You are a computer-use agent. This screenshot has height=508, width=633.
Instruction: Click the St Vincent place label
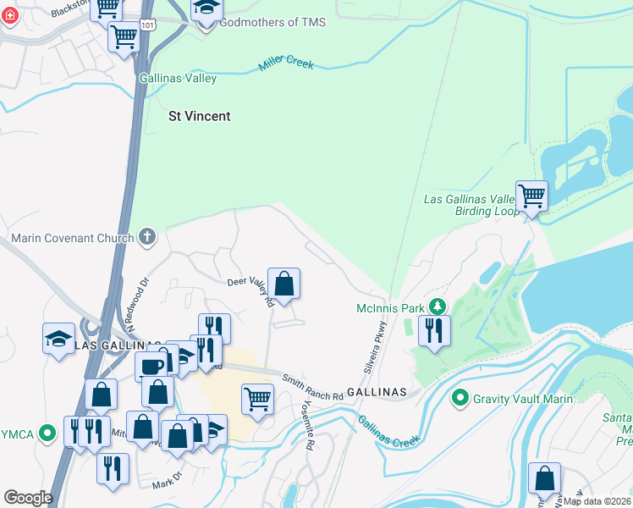coord(199,116)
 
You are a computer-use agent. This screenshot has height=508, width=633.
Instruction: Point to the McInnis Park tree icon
coord(438,306)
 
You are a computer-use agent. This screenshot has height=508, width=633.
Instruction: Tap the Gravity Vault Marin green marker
coord(460,398)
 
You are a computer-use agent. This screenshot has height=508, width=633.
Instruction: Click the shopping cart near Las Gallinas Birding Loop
coord(531,196)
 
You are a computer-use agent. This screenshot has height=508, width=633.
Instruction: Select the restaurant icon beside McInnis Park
coord(434,329)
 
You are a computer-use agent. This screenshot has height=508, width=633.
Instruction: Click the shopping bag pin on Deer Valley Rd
coord(284,284)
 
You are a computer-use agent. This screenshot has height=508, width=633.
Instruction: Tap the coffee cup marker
coord(151,367)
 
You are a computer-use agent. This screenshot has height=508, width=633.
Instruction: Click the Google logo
coord(28,498)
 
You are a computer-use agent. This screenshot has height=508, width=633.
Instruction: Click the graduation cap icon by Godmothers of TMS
coord(206,12)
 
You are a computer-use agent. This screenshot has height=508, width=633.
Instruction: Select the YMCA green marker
coord(48,434)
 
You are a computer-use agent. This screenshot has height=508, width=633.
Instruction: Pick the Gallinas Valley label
coord(179,79)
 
